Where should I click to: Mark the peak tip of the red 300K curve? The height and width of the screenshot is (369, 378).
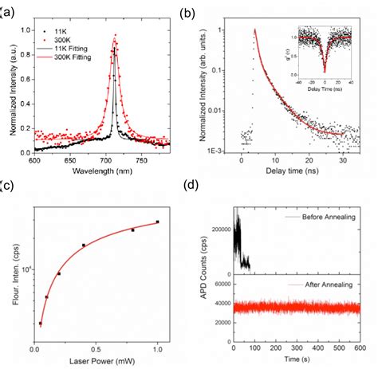(x=116, y=35)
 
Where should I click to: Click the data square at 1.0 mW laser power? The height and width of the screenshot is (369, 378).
(x=158, y=222)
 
